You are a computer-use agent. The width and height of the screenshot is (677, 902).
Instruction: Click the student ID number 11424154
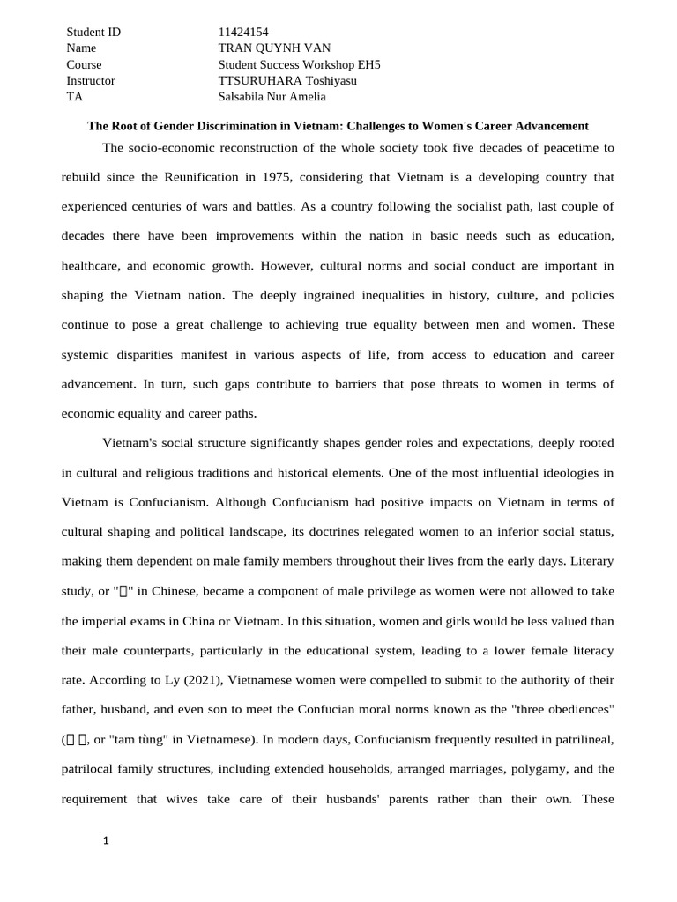(x=243, y=33)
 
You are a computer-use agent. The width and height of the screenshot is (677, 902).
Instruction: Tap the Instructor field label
(x=91, y=80)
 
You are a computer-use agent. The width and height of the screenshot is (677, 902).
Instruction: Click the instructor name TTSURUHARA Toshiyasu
(x=287, y=80)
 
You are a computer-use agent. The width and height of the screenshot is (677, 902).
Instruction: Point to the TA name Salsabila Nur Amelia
(x=272, y=97)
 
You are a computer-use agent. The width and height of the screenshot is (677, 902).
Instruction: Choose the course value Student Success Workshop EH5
(x=299, y=64)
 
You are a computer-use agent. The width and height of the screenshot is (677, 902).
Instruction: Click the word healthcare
(x=90, y=265)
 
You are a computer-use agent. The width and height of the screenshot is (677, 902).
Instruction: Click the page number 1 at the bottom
(x=106, y=841)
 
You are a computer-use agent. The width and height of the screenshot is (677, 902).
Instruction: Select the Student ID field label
(x=93, y=33)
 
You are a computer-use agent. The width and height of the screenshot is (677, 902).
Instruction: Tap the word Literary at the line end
(x=591, y=561)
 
